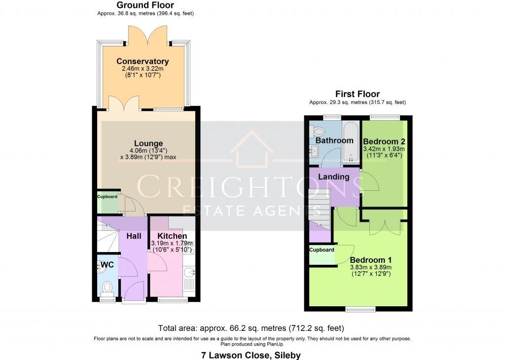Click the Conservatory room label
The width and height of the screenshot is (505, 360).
tap(143, 62)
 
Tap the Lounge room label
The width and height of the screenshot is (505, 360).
tap(148, 144)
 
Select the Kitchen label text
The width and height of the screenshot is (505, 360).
tap(172, 236)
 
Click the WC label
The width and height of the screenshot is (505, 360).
tap(107, 265)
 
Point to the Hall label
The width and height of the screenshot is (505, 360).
tap(134, 236)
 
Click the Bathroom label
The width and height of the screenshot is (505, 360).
tap(334, 141)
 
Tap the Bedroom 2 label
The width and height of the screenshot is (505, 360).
tap(384, 141)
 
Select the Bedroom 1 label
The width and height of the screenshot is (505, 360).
tap(370, 260)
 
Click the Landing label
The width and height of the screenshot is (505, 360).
tap(333, 177)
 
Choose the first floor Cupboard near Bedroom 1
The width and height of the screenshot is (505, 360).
tap(322, 255)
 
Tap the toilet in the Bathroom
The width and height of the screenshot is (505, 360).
tap(318, 131)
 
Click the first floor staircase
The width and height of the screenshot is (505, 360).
tap(319, 207)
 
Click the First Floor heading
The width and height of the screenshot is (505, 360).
tap(357, 94)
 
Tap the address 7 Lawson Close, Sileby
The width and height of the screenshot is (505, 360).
tap(251, 355)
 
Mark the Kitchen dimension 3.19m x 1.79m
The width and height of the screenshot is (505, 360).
tap(172, 243)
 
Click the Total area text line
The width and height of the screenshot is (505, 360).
tap(251, 328)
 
